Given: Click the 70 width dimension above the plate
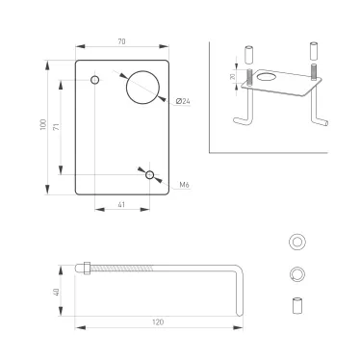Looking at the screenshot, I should point(122,42).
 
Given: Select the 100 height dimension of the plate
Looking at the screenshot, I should point(44,128).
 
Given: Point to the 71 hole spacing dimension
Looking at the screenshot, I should point(60,127).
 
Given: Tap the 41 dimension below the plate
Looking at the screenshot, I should point(121,205).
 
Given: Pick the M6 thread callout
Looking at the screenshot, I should point(183,183).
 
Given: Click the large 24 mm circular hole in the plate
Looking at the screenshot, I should point(143,87).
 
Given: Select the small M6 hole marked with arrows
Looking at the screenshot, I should point(149,175).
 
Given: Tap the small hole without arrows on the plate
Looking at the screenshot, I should point(94,79).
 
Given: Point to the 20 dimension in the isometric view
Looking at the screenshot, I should point(234,77).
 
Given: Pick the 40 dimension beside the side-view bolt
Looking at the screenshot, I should point(57,292).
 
